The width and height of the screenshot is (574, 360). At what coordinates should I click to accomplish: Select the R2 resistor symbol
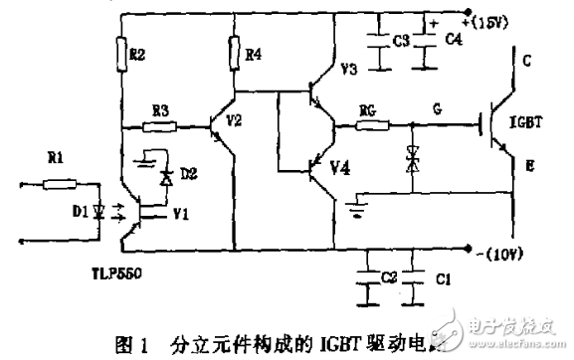(x=121, y=51)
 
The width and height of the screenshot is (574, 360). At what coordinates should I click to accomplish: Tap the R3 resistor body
(x=160, y=127)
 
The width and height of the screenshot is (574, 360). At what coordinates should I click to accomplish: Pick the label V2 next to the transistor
(x=234, y=118)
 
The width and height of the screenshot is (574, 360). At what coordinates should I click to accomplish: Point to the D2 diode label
(x=190, y=175)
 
